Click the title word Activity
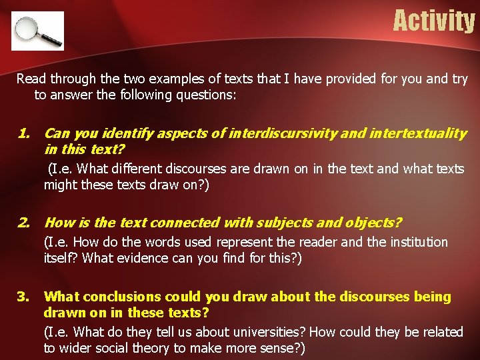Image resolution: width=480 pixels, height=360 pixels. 433,21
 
